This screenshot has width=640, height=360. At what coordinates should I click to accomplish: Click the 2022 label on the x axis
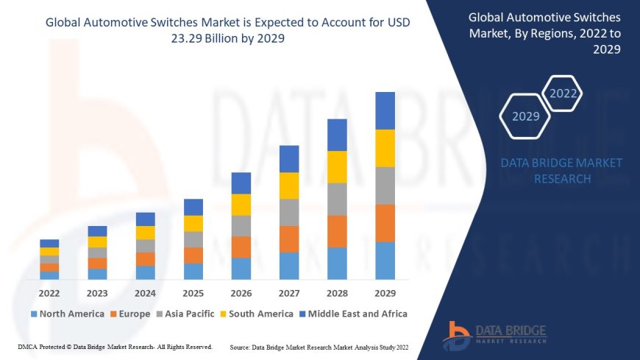click(49, 293)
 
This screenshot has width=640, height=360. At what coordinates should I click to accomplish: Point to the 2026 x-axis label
click(241, 293)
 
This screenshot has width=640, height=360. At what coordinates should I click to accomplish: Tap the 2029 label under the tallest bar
click(385, 293)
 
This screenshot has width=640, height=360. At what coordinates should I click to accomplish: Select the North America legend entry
click(67, 314)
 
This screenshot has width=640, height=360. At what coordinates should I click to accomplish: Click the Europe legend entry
click(130, 314)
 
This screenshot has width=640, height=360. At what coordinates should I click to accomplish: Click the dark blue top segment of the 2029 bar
click(385, 110)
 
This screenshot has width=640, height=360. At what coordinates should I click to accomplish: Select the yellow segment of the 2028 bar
click(337, 166)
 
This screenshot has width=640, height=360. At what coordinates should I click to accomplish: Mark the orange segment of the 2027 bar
click(289, 239)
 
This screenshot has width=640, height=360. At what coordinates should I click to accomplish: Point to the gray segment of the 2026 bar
click(241, 225)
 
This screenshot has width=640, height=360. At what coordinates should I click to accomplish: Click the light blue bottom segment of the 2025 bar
click(193, 271)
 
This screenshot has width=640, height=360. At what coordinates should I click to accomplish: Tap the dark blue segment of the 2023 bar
click(97, 231)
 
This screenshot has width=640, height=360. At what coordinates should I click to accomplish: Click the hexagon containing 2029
click(525, 116)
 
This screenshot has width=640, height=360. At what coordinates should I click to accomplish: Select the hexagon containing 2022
click(563, 93)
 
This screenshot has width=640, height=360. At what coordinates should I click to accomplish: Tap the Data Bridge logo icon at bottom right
click(458, 336)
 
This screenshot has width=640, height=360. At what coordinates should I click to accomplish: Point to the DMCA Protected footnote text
click(115, 347)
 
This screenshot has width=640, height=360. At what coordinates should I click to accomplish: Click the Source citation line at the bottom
click(321, 347)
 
